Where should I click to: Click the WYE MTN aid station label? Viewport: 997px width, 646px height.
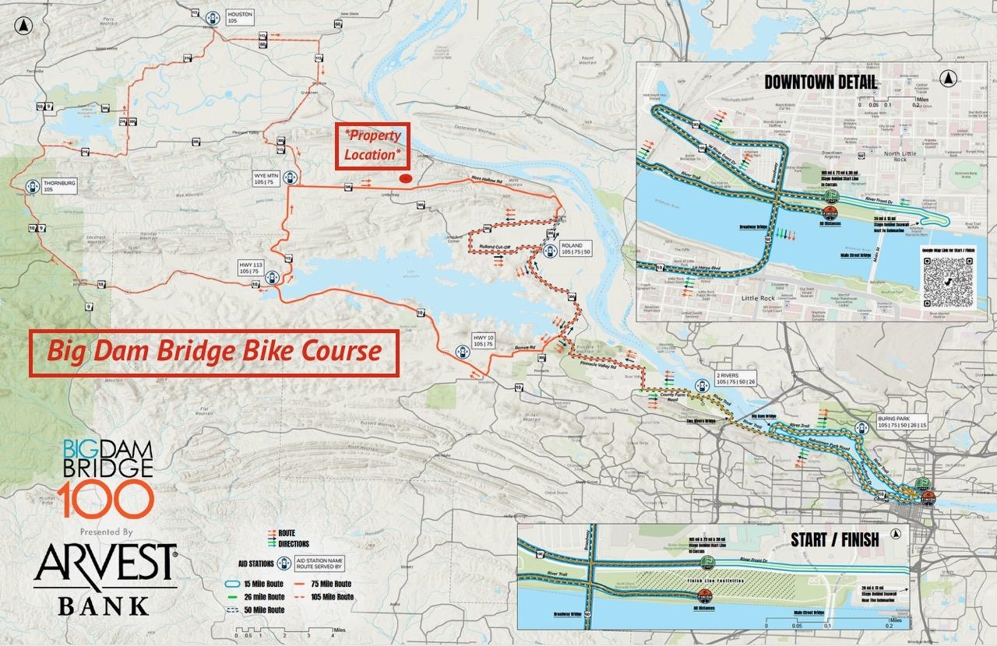pos(265,178)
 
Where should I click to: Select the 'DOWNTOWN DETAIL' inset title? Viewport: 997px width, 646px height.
pos(820,83)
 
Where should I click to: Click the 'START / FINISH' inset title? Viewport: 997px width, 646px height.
pos(834,539)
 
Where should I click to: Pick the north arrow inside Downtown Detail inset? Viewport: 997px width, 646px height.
pos(948,79)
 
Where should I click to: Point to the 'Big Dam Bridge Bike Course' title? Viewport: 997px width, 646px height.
pos(214,352)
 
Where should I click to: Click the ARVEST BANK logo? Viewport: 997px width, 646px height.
pos(105,577)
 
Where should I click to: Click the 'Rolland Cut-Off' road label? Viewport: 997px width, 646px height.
pos(493,248)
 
